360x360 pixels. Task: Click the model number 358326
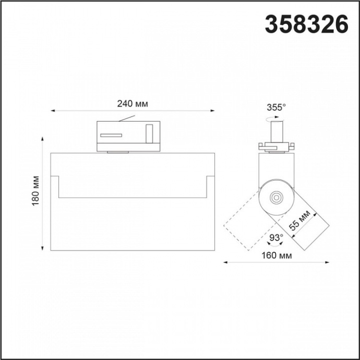click(x=307, y=24)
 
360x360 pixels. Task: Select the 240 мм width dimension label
click(x=132, y=104)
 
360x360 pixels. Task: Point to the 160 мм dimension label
click(x=276, y=256)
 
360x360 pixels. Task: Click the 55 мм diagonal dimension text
click(x=299, y=221)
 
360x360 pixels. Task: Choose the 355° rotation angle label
click(x=276, y=107)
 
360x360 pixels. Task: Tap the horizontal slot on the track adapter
click(x=111, y=135)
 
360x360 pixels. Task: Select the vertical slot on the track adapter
click(x=149, y=134)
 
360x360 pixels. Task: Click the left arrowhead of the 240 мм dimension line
click(x=53, y=111)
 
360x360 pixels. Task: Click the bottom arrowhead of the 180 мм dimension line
click(x=43, y=248)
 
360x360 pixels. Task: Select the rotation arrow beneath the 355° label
click(x=275, y=119)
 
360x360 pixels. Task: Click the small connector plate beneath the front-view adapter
click(x=117, y=152)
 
